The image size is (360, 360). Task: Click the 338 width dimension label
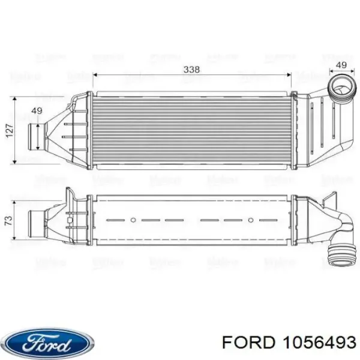click(x=191, y=70)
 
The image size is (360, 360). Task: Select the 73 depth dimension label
click(x=8, y=221)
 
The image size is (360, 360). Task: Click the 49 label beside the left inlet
click(x=37, y=110)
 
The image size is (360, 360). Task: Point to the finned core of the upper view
click(x=191, y=130)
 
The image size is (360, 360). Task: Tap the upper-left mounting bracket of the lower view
click(x=70, y=195)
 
